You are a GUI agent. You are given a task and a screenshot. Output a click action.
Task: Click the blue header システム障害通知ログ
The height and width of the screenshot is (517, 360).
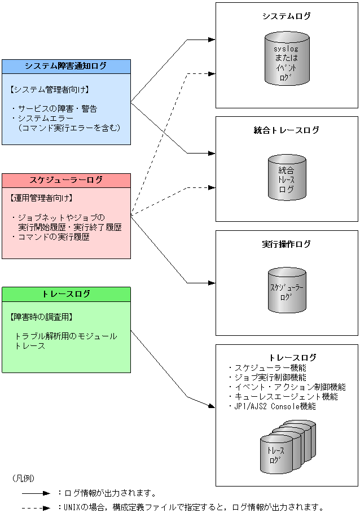coord(65,66)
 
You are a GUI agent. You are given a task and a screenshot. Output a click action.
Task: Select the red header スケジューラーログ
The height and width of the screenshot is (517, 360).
coord(65,180)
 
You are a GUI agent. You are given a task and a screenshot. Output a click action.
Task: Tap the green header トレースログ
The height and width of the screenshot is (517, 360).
coord(65,294)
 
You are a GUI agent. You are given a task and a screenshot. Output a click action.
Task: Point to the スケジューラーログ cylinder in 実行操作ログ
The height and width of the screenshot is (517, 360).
coord(287,290)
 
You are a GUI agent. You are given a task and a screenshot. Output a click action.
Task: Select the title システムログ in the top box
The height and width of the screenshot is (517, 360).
coord(287,16)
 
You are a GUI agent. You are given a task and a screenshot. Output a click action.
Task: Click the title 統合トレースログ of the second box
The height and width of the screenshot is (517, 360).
coord(287,130)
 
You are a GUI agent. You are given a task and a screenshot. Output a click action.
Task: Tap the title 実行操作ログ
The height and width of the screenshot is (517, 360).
coord(287,244)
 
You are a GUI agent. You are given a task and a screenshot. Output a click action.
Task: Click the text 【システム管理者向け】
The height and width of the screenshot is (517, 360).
coord(50,90)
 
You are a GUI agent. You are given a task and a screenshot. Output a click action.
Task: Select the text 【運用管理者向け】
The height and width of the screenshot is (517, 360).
coord(42,198)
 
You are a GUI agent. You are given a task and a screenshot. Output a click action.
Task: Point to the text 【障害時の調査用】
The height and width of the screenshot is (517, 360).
coord(42,317)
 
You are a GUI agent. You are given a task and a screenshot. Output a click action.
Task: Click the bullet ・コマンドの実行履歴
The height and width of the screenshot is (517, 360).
coord(50,237)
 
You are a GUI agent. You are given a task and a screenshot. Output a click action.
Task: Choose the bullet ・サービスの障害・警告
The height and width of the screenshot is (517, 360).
coord(54,108)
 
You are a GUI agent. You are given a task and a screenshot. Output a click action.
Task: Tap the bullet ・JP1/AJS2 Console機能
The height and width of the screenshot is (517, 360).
coord(272,406)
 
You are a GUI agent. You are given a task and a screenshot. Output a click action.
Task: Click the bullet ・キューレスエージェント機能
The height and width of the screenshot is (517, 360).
coord(283,397)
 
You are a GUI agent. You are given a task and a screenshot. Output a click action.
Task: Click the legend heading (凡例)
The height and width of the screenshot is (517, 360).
coord(23,478)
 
